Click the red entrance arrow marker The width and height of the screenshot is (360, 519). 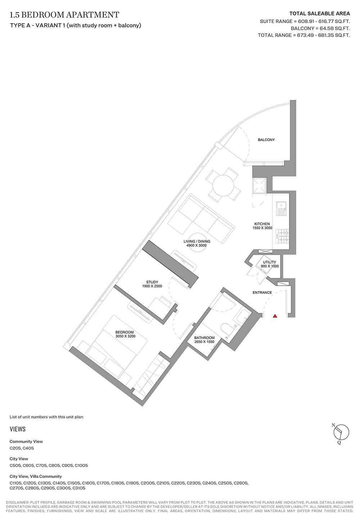point(275,316)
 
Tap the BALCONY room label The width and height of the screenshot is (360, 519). point(266,140)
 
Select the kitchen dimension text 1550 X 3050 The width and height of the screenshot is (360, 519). point(262,228)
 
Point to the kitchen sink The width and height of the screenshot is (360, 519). point(282,209)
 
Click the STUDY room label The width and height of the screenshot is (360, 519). point(152,282)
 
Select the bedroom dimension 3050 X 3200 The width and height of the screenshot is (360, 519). point(125,336)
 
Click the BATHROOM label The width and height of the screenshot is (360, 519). point(204,338)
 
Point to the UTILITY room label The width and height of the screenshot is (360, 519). point(270,262)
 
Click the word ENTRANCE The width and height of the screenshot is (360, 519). point(262,292)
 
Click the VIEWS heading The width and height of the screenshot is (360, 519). point(18,429)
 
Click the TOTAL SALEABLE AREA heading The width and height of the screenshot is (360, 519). point(320,14)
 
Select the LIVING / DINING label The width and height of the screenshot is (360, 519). point(197,241)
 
